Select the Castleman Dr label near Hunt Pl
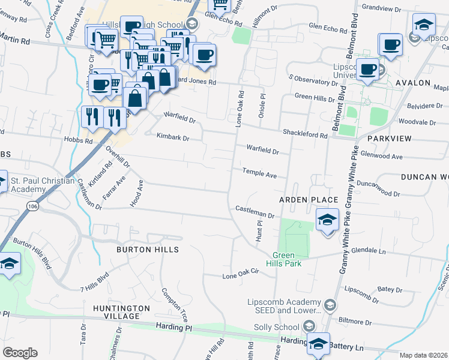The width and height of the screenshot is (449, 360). (255, 214)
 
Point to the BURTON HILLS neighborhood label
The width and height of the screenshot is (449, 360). (148, 249)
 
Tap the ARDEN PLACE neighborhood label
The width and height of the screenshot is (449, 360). (309, 199)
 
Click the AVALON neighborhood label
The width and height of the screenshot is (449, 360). (413, 83)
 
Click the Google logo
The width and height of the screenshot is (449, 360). (20, 353)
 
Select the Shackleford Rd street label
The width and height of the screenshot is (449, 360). (306, 135)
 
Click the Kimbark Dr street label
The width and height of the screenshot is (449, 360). (173, 137)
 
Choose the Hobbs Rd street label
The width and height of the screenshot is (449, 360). (80, 142)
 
